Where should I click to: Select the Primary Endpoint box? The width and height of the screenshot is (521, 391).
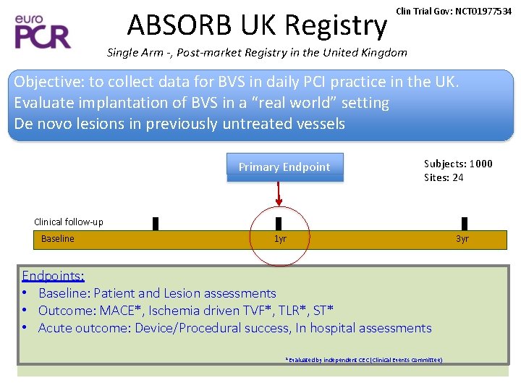tap(284, 167)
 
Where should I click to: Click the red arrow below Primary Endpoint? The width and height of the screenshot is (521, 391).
tap(279, 194)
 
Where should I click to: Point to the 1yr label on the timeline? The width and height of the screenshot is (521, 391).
tap(280, 239)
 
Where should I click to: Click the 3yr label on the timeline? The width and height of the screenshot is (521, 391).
tap(462, 239)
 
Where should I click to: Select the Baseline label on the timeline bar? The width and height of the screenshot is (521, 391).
tap(58, 239)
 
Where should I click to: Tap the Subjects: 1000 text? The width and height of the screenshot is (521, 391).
tap(458, 164)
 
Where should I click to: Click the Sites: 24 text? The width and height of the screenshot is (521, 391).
tap(444, 177)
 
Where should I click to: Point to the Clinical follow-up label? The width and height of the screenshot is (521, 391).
tap(69, 222)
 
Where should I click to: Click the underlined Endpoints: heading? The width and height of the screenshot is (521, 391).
tap(53, 276)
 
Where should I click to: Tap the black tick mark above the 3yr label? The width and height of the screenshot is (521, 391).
tap(465, 223)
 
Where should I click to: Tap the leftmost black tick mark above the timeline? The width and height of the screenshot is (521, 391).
tap(155, 223)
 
